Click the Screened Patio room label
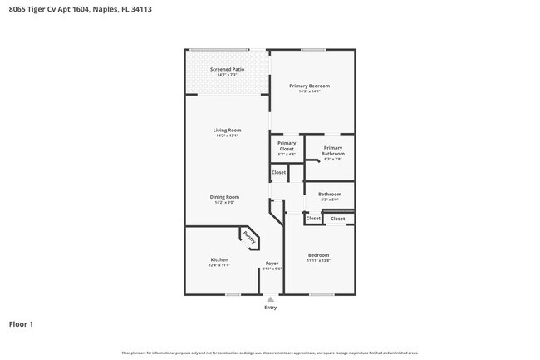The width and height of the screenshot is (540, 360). click(227, 69)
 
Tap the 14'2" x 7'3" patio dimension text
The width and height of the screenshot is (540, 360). click(227, 75)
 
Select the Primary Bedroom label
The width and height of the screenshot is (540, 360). click(309, 86)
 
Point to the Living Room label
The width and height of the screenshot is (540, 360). click(227, 130)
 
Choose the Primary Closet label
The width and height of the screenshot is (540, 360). click(287, 145)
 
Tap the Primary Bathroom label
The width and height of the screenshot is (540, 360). click(332, 150)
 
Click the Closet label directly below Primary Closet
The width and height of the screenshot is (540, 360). click(279, 173)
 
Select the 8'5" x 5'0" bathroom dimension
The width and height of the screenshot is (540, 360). click(330, 200)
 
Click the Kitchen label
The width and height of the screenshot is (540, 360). click(219, 259)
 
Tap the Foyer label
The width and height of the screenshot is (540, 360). click(272, 264)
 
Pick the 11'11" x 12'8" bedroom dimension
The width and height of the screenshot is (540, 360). click(319, 260)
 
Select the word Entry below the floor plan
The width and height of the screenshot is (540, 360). click(270, 308)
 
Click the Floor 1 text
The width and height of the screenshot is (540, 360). click(21, 323)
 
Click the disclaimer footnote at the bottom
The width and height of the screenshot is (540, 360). click(269, 353)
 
